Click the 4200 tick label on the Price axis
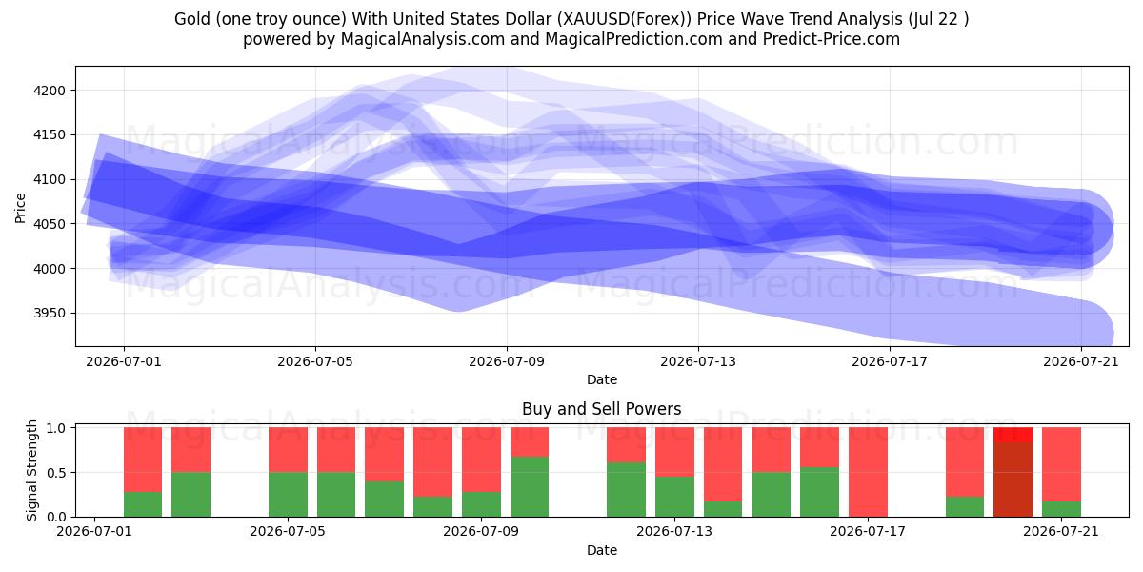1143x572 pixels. click(50, 91)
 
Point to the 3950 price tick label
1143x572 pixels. click(50, 313)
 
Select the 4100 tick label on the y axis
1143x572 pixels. click(50, 180)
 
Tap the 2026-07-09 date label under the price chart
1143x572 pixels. click(507, 361)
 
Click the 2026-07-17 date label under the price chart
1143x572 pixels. click(890, 361)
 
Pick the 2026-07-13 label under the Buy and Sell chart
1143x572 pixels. click(674, 531)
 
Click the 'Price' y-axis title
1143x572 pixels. click(20, 208)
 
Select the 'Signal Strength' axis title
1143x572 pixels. click(31, 470)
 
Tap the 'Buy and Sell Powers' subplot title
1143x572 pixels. click(602, 409)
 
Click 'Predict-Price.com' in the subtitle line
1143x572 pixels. click(832, 39)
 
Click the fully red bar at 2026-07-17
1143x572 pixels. click(868, 472)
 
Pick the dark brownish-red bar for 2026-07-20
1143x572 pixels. click(1013, 480)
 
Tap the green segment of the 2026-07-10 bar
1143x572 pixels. click(530, 487)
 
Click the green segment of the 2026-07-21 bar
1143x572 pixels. click(1061, 509)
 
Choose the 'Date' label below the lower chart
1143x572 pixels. click(602, 550)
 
